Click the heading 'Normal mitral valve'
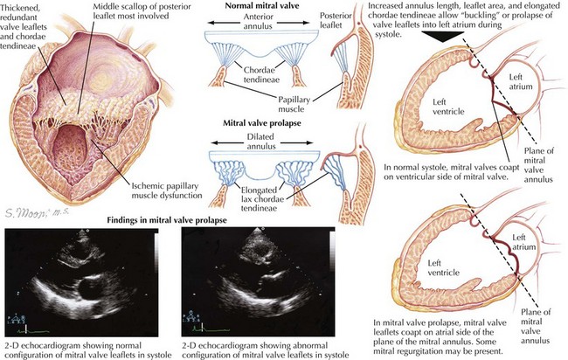(262, 6)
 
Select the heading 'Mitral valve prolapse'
(262, 123)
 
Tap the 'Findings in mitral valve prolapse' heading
(167, 220)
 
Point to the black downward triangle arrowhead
(443, 37)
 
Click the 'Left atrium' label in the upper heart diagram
(520, 81)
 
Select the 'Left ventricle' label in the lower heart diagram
(444, 267)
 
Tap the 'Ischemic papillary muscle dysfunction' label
(167, 190)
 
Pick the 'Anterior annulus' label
(259, 21)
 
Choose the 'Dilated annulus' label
(260, 142)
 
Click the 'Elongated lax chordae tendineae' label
(259, 199)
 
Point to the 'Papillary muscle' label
(294, 104)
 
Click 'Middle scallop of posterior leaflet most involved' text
(142, 11)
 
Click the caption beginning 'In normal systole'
(452, 172)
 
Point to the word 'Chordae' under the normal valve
(259, 70)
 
